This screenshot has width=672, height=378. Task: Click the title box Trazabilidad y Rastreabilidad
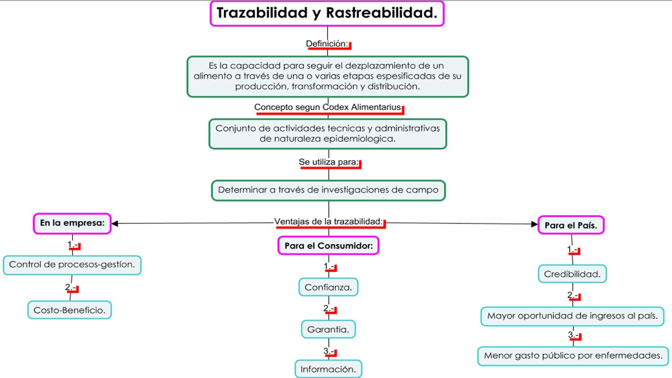click(x=327, y=14)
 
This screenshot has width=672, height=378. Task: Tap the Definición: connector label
click(x=328, y=44)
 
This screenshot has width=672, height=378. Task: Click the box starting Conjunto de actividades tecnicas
click(x=328, y=133)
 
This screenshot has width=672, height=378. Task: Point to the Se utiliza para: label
click(x=329, y=162)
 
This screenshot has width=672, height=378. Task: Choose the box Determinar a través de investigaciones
click(x=328, y=190)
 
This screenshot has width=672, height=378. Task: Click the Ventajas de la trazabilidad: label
click(x=329, y=222)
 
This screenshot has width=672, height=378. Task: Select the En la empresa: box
click(x=72, y=223)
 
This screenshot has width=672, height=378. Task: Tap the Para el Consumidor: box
click(x=329, y=245)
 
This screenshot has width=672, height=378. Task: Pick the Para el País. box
click(x=571, y=225)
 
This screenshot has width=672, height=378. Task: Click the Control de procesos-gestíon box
click(x=72, y=265)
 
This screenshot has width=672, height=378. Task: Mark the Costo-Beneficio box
click(x=69, y=310)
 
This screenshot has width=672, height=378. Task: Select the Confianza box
click(x=329, y=287)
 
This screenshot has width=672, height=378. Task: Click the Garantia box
click(x=329, y=329)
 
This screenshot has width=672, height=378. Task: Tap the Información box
click(x=329, y=369)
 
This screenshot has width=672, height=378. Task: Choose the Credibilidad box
click(x=572, y=274)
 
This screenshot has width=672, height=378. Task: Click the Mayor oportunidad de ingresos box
click(x=573, y=316)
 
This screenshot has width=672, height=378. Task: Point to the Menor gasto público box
click(x=573, y=355)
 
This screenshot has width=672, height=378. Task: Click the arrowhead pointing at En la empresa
click(x=115, y=224)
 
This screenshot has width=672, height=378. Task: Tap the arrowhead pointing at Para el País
click(x=534, y=224)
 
